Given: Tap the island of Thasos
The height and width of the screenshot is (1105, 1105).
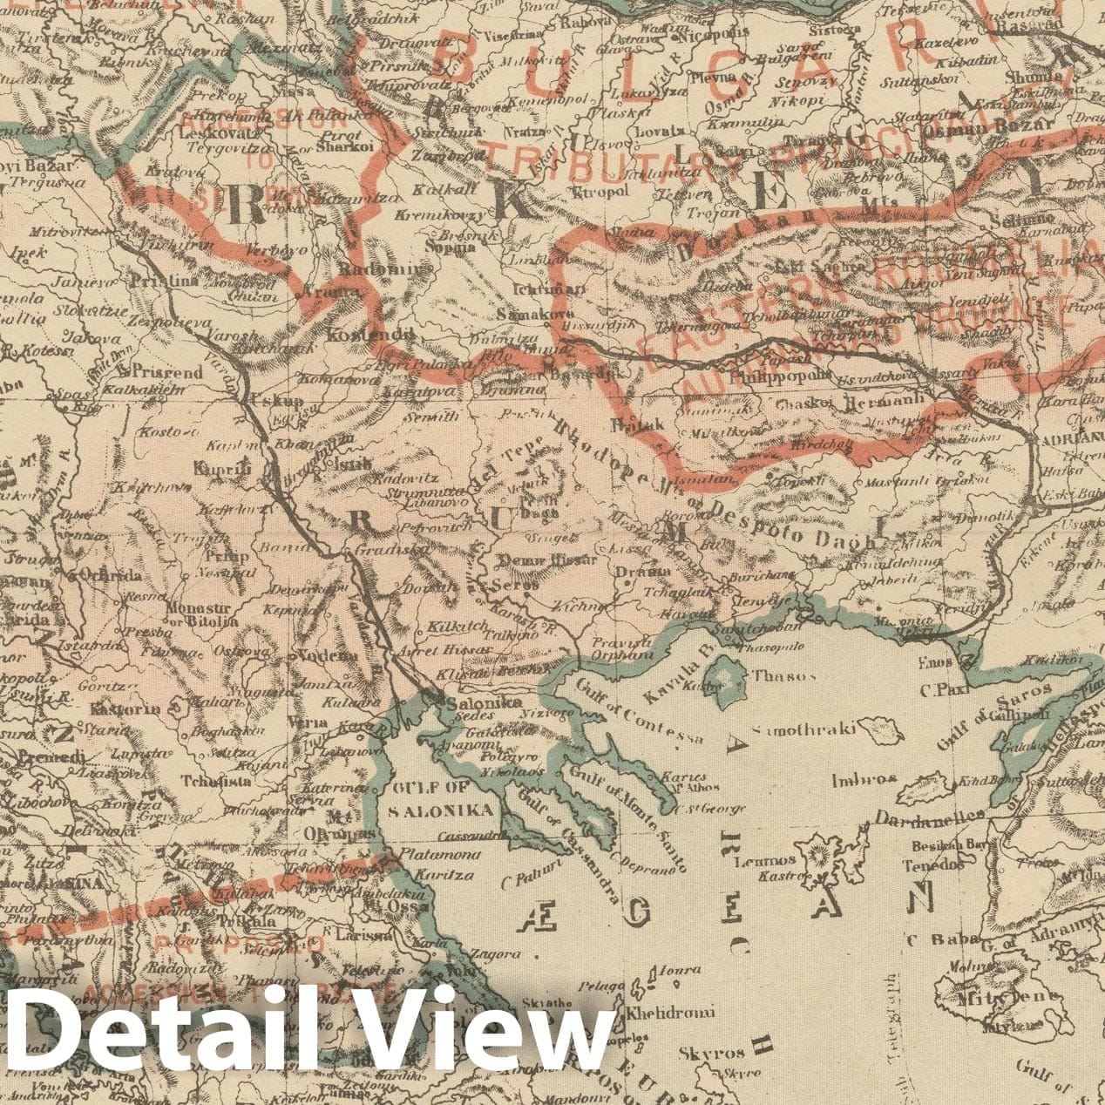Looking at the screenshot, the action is [722, 675].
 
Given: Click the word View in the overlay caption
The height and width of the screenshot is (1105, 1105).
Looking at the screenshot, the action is [488, 1036].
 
